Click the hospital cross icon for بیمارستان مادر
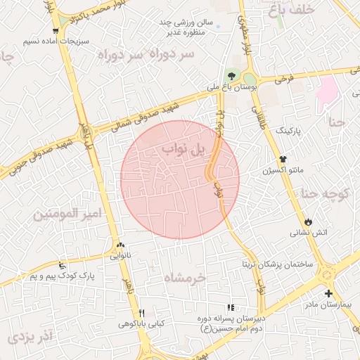coord(328,293)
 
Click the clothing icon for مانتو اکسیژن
coord(283,160)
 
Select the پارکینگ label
coord(292,131)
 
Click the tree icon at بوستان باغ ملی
coord(231,76)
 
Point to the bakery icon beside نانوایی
coord(119,245)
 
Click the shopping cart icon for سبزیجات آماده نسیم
coord(56,30)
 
